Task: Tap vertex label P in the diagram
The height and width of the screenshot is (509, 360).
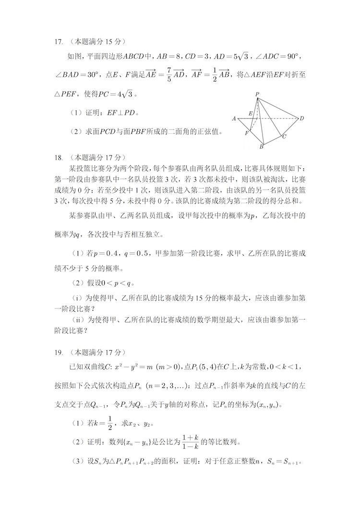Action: pos(257,94)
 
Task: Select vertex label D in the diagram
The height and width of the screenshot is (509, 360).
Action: pos(302,118)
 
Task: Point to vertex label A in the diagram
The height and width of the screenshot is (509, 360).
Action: pos(234,118)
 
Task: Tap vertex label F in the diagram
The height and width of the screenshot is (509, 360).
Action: pos(246,133)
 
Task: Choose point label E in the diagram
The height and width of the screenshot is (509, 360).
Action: pos(250,114)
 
